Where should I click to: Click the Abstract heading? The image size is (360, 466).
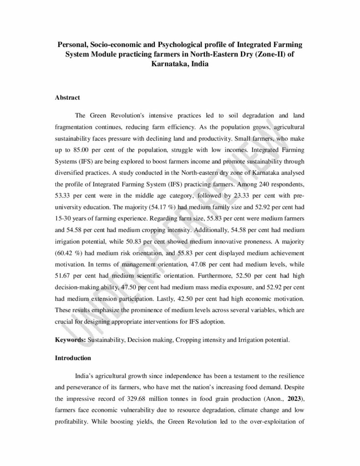coord(67,97)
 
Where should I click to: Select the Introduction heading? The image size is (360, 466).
coord(73,358)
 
